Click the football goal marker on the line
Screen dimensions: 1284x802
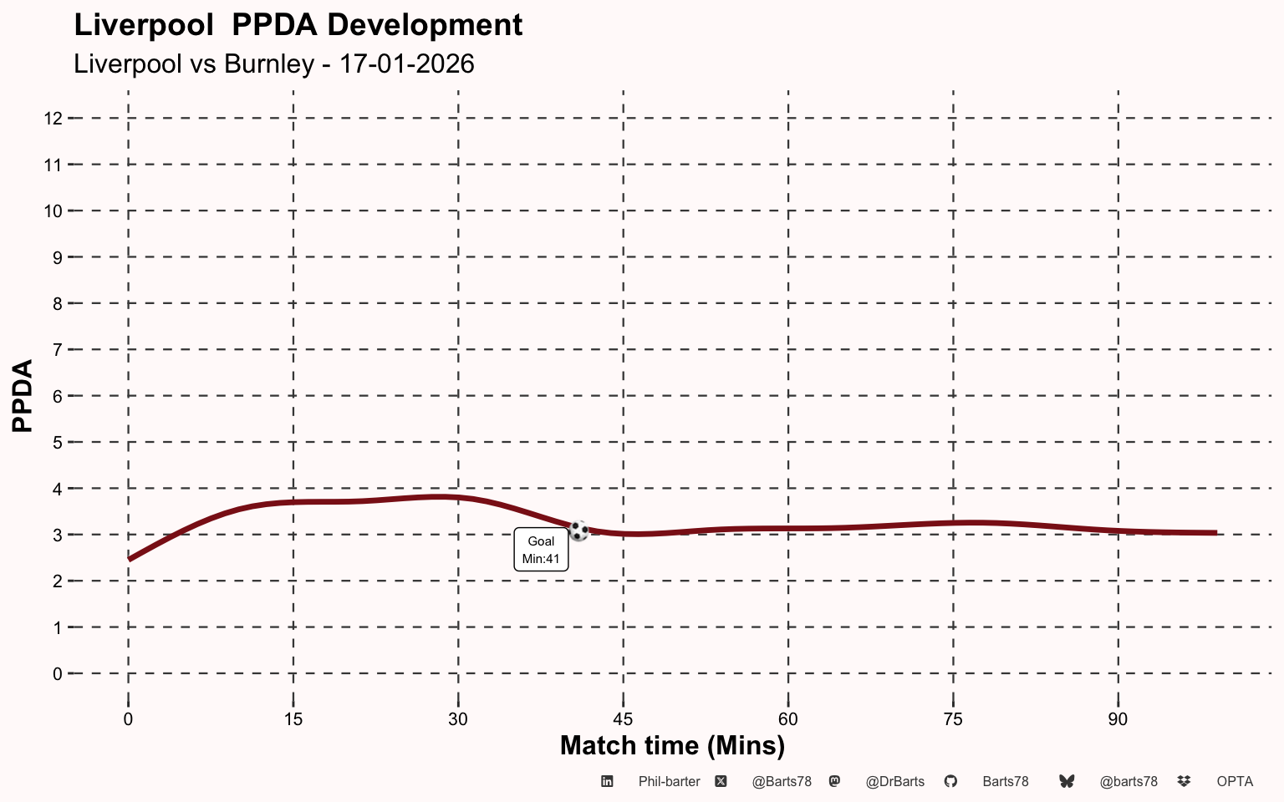pos(579,530)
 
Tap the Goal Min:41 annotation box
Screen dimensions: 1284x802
pos(541,550)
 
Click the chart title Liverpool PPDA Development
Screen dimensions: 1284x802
pos(298,26)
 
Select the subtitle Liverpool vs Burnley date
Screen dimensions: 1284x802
pos(274,63)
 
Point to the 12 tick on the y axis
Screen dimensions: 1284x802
pos(53,119)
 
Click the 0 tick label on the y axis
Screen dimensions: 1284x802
pos(58,673)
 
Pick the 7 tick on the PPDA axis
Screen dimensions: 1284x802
pos(58,349)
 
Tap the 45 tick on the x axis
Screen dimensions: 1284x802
pos(623,719)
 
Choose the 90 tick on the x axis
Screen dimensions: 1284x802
pos(1118,719)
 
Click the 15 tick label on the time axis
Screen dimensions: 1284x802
pos(293,719)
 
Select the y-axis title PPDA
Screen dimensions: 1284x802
pos(23,396)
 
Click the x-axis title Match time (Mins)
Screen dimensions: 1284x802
pos(672,746)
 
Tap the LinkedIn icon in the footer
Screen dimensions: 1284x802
pos(607,781)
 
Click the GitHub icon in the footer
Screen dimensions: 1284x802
pos(950,781)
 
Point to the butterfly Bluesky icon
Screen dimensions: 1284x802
pos(1067,781)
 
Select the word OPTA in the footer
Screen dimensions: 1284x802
pos(1235,781)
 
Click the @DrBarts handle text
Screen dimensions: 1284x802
pos(894,781)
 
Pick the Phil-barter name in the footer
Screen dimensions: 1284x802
pos(669,781)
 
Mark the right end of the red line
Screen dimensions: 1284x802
pos(1216,533)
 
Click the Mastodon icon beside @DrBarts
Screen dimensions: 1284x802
pos(834,781)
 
